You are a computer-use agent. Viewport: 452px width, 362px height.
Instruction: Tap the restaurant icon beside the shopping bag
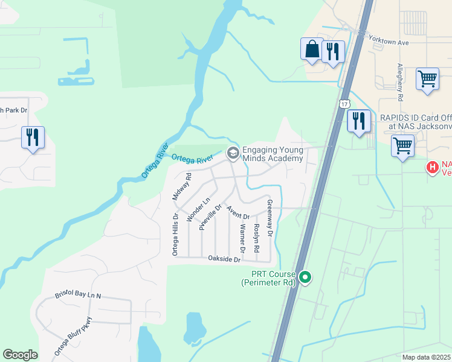click(333, 52)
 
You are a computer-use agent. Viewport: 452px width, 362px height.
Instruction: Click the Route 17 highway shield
click(344, 104)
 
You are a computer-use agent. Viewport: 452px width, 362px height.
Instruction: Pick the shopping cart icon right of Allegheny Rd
click(427, 79)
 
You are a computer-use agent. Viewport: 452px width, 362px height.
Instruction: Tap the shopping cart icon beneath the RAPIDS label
click(402, 145)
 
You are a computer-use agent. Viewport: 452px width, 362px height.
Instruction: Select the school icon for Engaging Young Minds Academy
click(232, 154)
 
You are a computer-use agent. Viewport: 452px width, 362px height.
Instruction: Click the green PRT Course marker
click(306, 278)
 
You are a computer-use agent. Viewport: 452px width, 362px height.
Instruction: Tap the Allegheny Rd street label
click(400, 81)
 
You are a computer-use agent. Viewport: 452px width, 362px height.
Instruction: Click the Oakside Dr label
click(224, 259)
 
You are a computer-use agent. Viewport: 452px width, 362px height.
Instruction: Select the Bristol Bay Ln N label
click(78, 296)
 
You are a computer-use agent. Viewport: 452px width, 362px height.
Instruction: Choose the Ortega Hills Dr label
click(175, 234)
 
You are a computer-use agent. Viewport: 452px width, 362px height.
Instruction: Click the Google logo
click(20, 355)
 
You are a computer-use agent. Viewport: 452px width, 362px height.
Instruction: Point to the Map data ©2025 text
click(426, 357)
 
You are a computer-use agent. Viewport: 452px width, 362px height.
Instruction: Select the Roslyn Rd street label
click(257, 238)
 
